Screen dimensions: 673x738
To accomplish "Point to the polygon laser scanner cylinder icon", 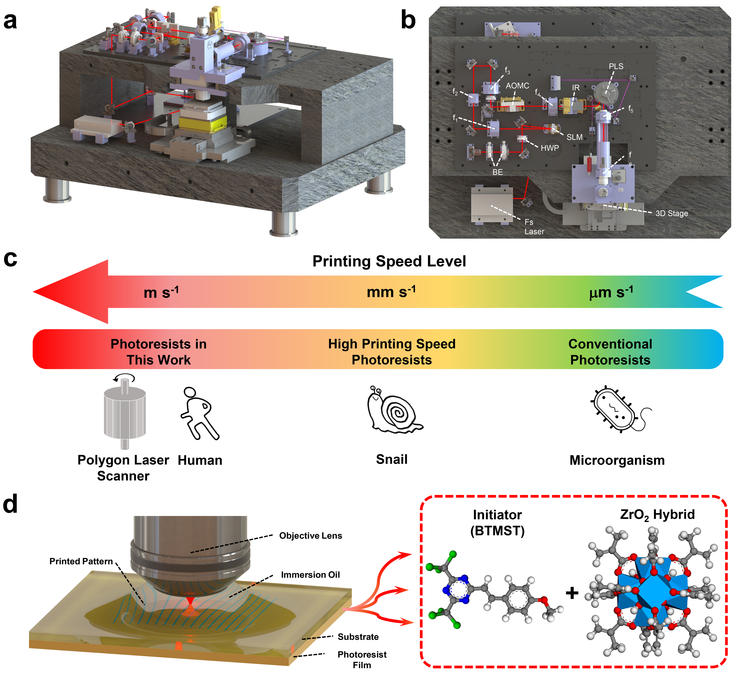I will coord(125,413).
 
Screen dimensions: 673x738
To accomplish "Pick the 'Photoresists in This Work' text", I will coord(158,352).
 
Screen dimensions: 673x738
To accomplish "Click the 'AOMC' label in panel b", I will coord(517,86).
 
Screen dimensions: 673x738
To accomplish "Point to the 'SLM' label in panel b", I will coord(574,137).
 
